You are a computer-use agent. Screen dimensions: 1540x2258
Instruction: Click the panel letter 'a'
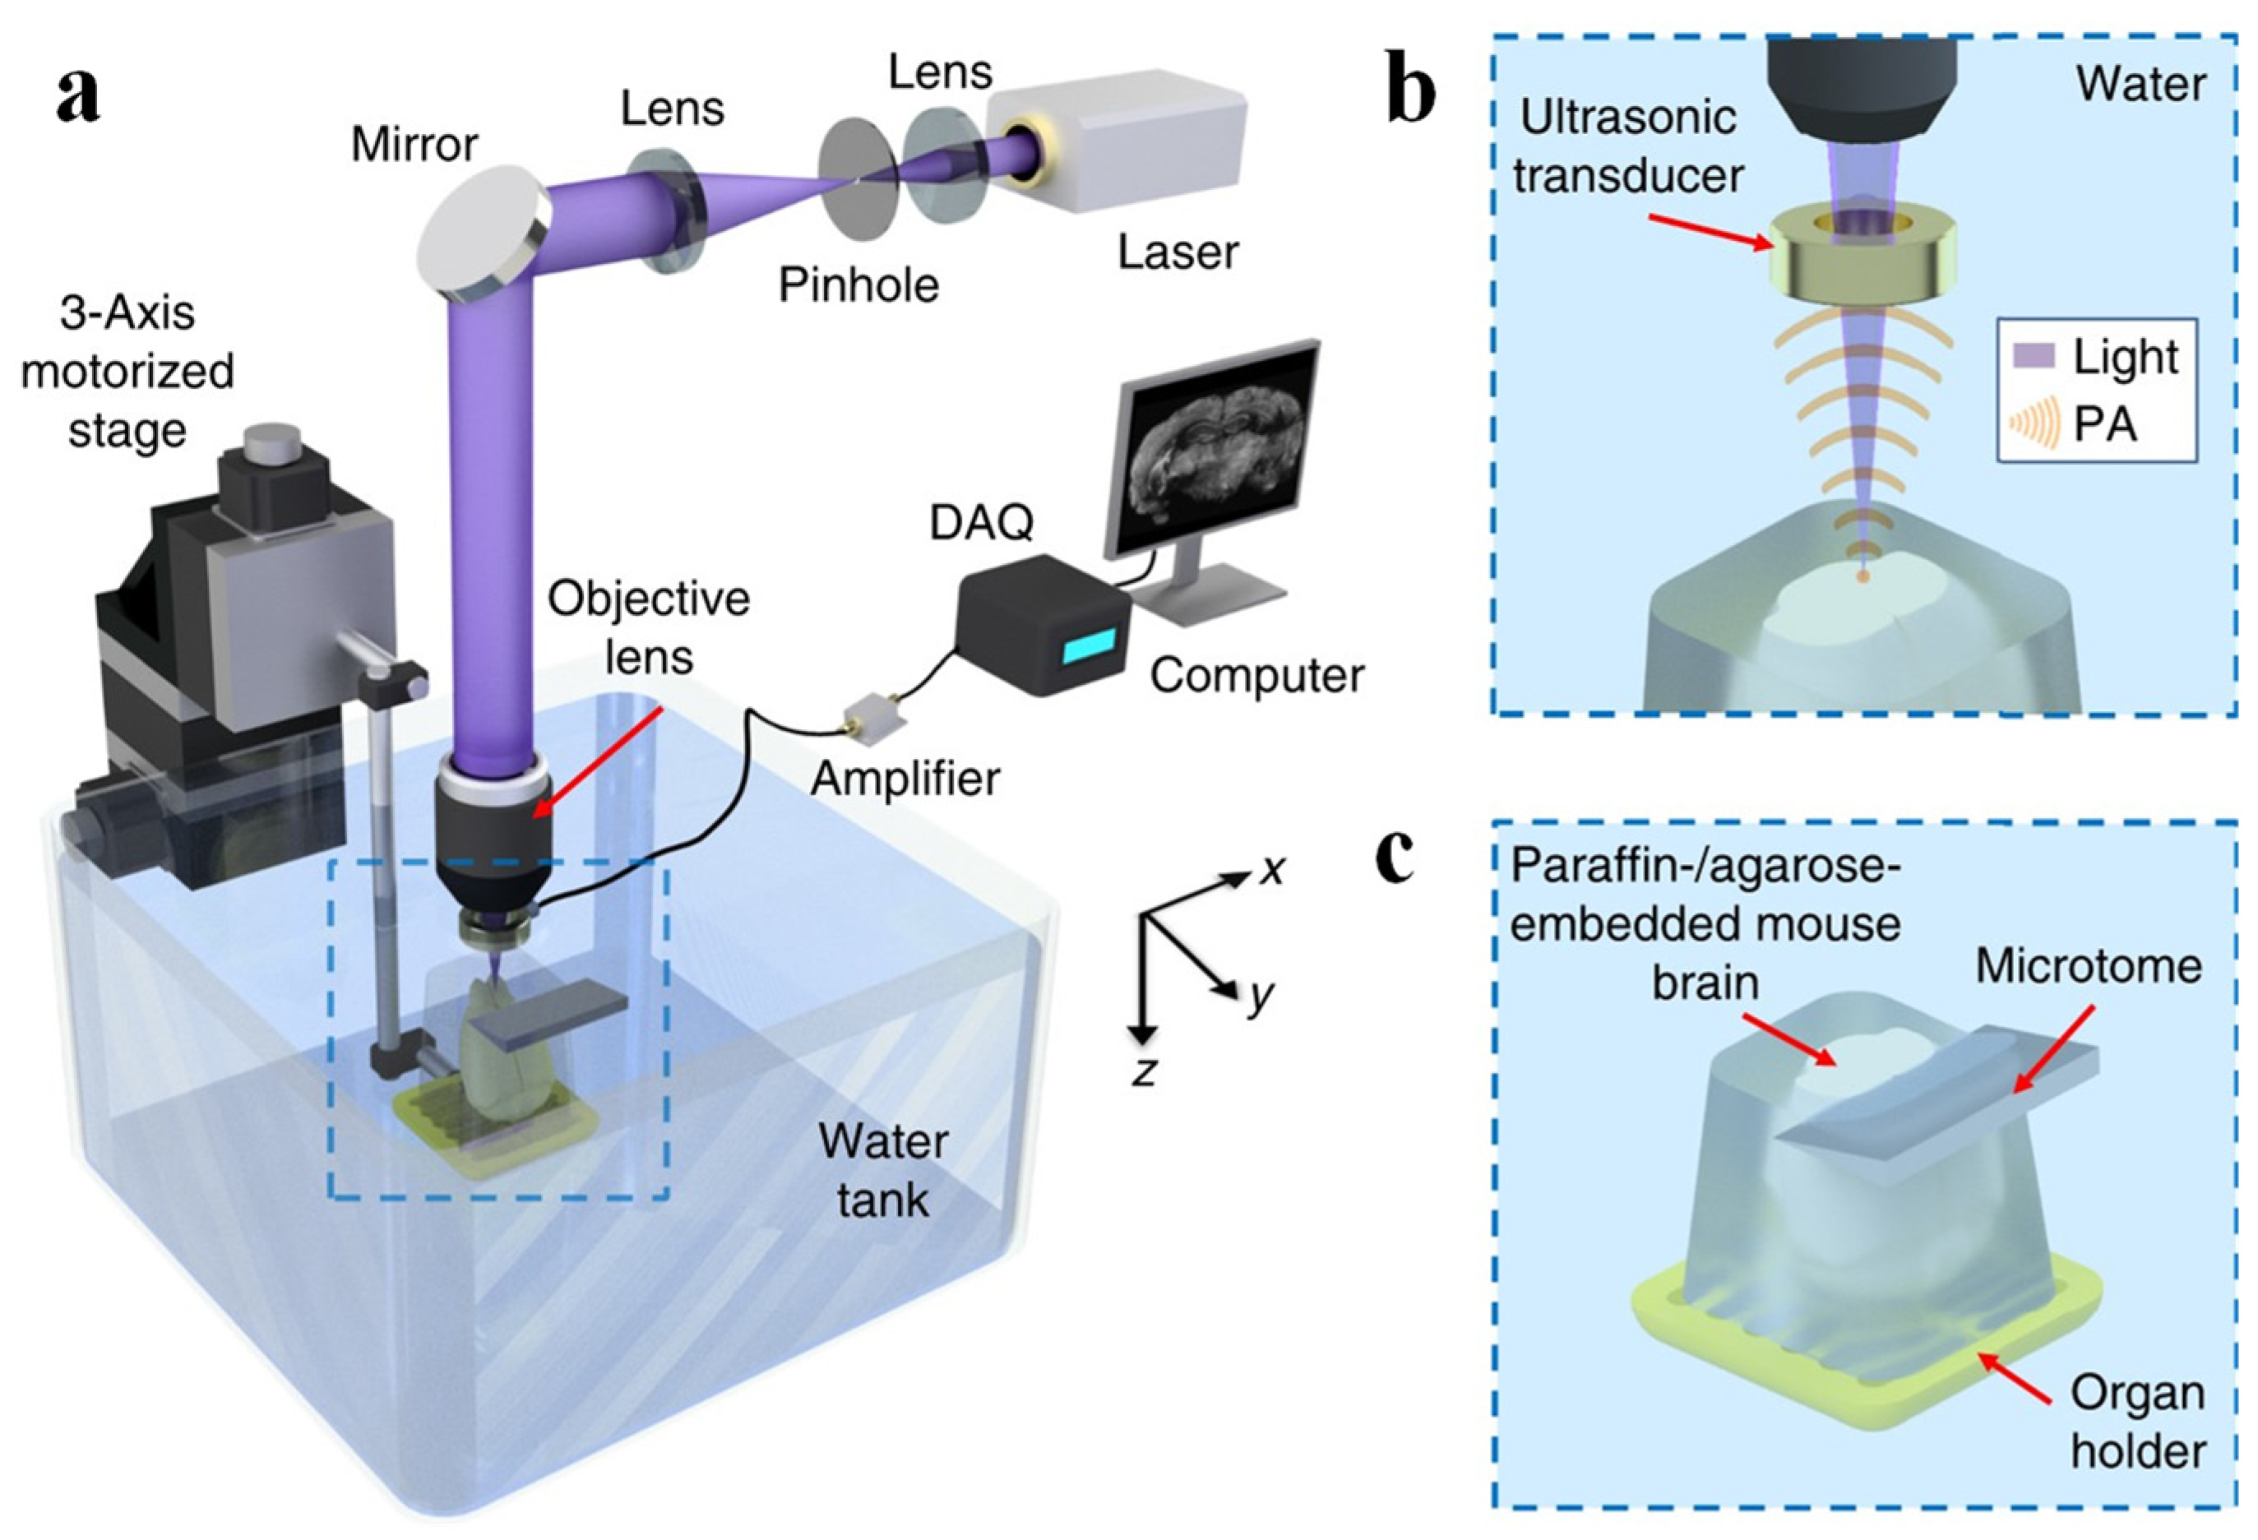point(78,97)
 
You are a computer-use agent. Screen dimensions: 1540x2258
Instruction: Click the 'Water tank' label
point(882,1171)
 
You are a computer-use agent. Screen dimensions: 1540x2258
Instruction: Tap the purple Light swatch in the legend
point(2033,356)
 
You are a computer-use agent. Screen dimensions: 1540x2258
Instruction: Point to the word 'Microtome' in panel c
point(2089,967)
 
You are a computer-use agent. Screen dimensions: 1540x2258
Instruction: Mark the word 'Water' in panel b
point(2140,86)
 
